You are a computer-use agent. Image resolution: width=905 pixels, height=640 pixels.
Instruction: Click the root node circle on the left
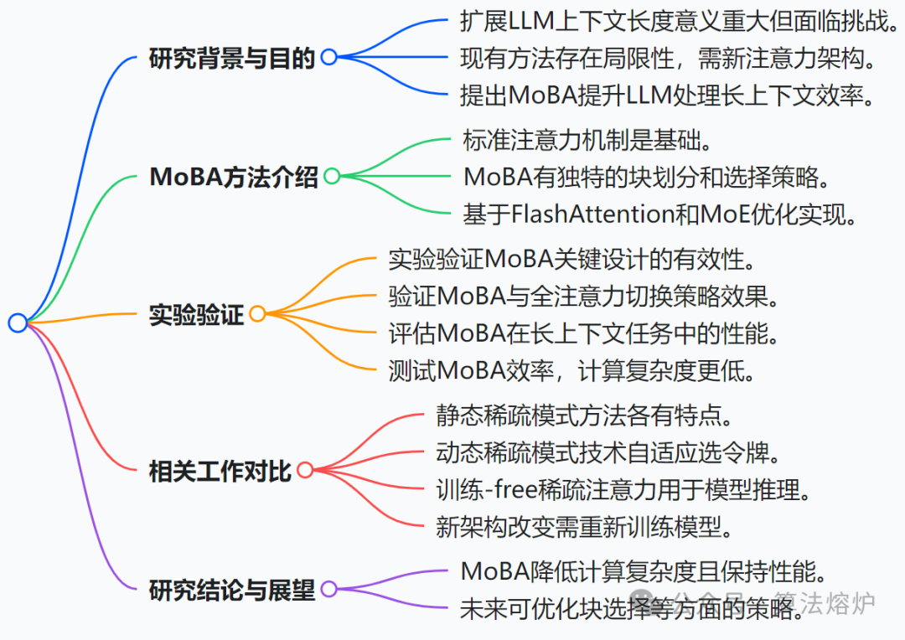[18, 323]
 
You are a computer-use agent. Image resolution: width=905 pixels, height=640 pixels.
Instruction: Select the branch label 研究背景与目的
[232, 58]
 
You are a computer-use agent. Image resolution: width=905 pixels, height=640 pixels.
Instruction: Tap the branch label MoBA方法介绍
[234, 177]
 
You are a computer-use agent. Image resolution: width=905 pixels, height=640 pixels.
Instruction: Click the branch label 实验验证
[196, 314]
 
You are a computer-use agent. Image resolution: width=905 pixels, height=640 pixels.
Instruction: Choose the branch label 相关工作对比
[220, 470]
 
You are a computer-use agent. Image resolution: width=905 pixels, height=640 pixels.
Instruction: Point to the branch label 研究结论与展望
[232, 590]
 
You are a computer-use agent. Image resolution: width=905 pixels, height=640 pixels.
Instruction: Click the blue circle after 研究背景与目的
[328, 57]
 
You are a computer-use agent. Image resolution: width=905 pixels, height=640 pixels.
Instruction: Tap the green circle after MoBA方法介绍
[332, 176]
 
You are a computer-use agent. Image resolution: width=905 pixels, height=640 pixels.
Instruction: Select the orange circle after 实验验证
[257, 314]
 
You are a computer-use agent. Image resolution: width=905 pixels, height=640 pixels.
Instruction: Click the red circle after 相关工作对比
[305, 470]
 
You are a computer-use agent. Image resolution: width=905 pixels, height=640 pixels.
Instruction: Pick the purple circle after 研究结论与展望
[328, 589]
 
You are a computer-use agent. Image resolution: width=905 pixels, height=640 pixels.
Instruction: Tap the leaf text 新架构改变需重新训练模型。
[585, 526]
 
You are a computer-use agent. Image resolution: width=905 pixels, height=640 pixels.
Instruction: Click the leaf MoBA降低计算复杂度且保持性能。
[644, 571]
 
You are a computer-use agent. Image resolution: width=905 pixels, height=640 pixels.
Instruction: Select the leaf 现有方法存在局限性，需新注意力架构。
[668, 58]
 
